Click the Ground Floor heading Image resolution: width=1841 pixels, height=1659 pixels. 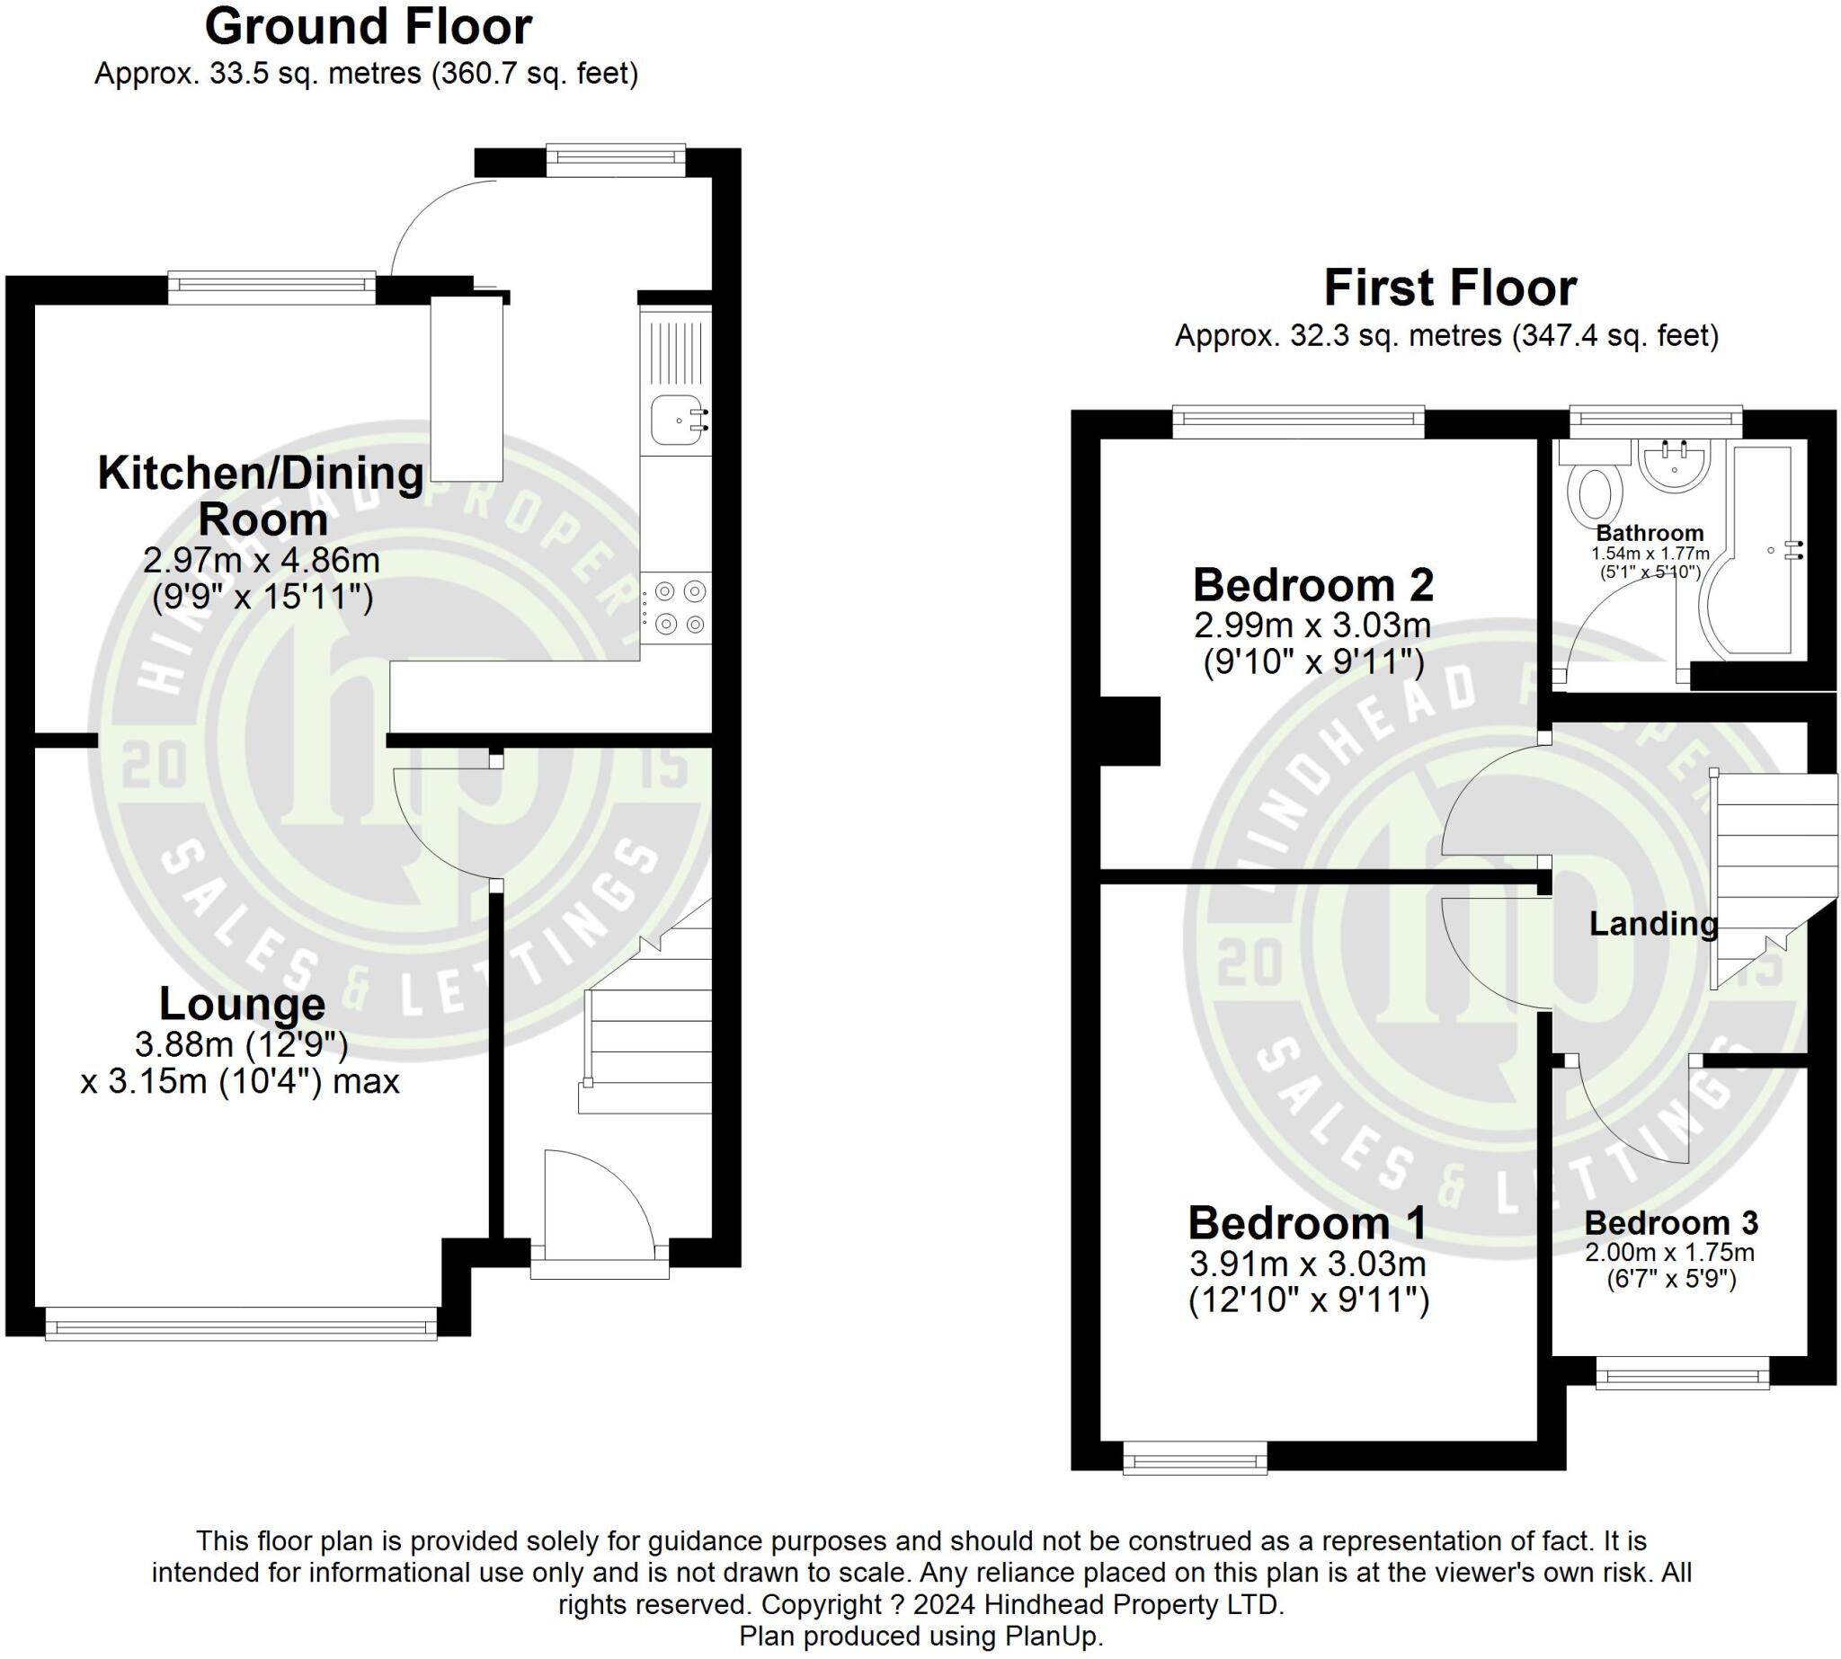368,26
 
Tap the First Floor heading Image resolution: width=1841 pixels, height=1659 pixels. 1450,288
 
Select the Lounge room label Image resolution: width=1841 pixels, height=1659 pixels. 242,1004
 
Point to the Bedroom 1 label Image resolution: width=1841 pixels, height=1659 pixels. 1307,1223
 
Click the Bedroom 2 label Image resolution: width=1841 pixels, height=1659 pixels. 1313,584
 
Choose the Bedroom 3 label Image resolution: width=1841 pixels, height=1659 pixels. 1670,1222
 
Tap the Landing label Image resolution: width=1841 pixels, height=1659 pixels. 1653,923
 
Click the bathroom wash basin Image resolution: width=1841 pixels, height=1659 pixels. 1674,463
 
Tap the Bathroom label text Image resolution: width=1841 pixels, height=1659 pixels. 1650,533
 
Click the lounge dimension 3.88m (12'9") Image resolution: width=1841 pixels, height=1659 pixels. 242,1044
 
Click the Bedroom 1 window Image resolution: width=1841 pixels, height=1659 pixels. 1195,1458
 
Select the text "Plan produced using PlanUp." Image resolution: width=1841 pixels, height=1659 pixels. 921,1637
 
